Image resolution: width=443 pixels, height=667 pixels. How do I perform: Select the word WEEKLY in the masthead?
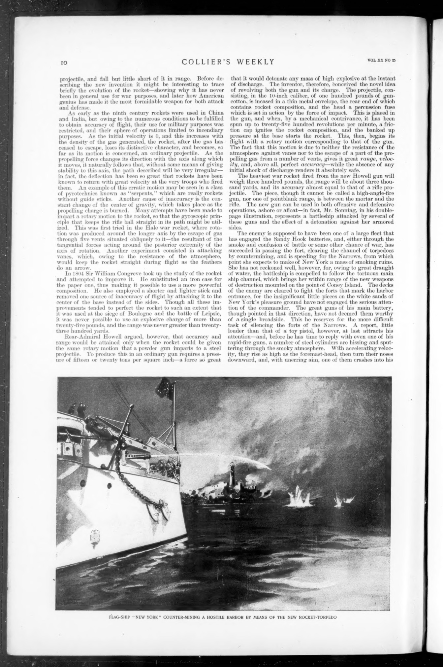tap(257, 62)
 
